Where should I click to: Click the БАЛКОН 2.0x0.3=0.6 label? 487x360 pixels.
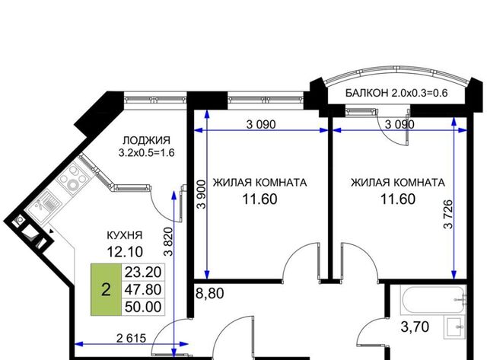(x=396, y=93)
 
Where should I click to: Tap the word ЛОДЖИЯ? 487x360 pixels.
(x=147, y=140)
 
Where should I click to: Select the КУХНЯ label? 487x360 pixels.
(x=125, y=235)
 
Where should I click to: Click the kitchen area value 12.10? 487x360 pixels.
(x=125, y=251)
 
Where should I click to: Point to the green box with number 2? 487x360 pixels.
(x=106, y=289)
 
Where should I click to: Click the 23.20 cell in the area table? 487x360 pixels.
(x=143, y=272)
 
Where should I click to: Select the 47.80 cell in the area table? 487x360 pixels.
(x=143, y=289)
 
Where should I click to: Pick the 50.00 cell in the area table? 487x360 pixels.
(x=143, y=307)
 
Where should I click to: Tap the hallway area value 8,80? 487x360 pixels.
(x=210, y=293)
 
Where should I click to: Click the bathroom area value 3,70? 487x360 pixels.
(x=415, y=327)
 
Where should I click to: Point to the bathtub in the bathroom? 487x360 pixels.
(x=434, y=300)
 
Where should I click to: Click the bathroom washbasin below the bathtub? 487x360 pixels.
(x=455, y=328)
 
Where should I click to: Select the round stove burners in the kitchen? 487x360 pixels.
(x=73, y=178)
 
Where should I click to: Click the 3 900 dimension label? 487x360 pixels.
(x=201, y=194)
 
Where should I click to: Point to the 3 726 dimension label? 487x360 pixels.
(x=448, y=215)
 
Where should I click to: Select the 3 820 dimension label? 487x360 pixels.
(x=168, y=242)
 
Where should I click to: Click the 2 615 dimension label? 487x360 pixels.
(x=131, y=338)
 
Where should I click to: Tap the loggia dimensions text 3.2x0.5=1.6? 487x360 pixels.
(x=147, y=153)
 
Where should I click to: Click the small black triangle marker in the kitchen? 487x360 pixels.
(x=52, y=231)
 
